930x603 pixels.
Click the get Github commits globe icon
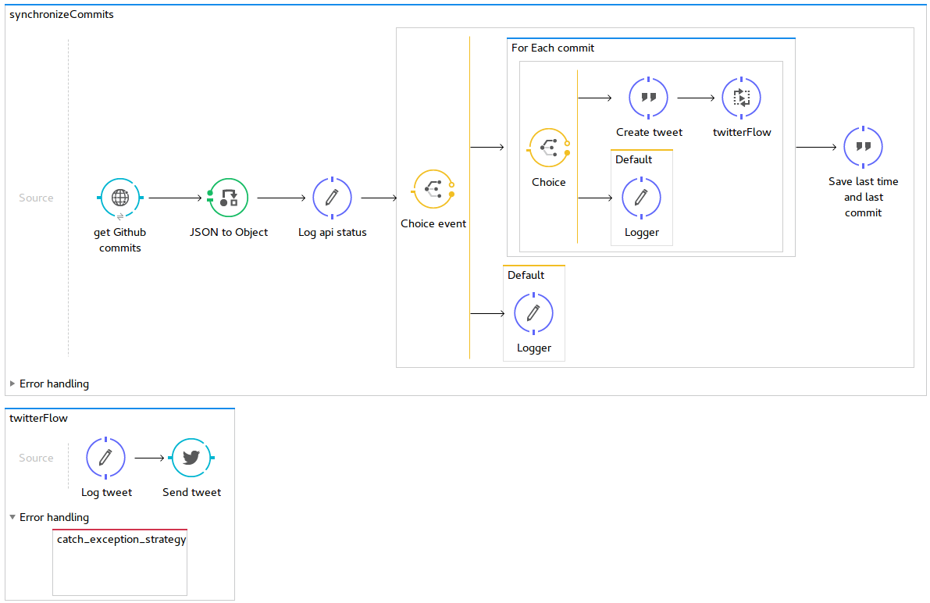[120, 198]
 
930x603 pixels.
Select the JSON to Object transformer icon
[228, 198]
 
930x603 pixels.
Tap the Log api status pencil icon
[332, 198]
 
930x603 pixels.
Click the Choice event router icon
[433, 189]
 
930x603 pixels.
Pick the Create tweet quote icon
[648, 98]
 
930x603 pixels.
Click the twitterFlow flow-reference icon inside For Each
[741, 98]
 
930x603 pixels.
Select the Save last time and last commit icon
[863, 147]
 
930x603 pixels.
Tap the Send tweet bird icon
[191, 458]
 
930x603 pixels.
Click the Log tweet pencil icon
[105, 458]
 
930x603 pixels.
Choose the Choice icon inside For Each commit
[549, 148]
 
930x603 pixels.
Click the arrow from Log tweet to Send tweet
[149, 458]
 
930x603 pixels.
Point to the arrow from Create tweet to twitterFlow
[696, 98]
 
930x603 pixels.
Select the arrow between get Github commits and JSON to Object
[175, 198]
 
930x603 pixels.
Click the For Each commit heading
[553, 48]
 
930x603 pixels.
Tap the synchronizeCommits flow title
[62, 14]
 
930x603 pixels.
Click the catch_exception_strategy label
[122, 540]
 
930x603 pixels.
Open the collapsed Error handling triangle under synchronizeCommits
[12, 384]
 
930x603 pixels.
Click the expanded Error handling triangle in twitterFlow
[12, 517]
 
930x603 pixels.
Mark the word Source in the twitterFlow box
[36, 458]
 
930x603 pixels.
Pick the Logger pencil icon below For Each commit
[533, 313]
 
